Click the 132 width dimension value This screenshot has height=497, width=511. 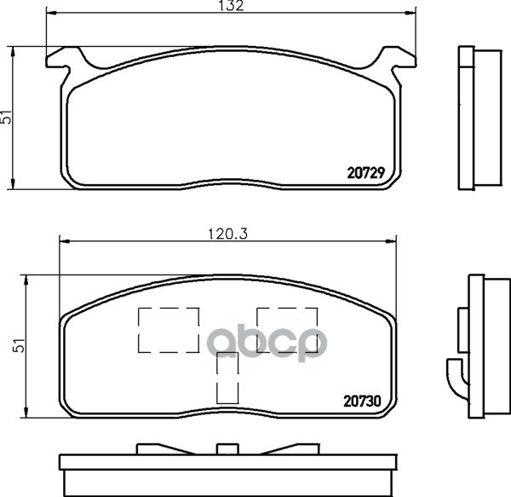(x=234, y=7)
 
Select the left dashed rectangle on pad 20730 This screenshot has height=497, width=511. (x=168, y=330)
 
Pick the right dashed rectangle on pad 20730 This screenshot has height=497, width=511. (x=286, y=330)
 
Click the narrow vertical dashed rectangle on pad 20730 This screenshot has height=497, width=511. (x=227, y=379)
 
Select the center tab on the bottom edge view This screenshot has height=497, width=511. (x=227, y=450)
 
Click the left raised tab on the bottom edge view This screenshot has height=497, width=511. (x=158, y=448)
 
